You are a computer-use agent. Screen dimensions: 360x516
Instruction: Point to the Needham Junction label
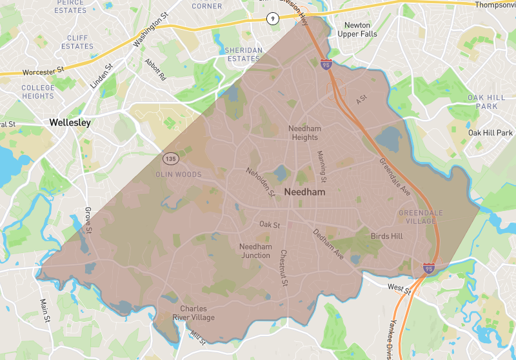[x=255, y=251]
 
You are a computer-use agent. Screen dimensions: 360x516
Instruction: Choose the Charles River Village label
[x=193, y=313]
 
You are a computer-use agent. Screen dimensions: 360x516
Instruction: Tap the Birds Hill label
[x=386, y=236]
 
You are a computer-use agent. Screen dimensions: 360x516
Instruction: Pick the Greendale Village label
[x=417, y=217]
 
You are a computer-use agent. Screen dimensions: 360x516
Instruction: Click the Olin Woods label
[x=179, y=174]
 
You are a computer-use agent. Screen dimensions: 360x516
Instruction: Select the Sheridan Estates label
[x=243, y=54]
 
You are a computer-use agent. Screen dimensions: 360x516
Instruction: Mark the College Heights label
[x=38, y=92]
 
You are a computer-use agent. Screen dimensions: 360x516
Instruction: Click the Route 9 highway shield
[x=273, y=19]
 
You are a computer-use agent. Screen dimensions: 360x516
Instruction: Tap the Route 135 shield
[x=170, y=158]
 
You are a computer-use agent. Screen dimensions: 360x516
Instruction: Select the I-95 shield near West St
[x=429, y=266]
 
